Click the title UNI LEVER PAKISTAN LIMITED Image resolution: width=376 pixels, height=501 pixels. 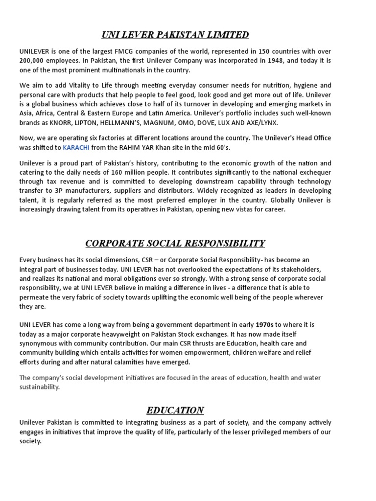click(x=175, y=34)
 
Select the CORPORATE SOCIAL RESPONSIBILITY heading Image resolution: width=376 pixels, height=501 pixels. click(x=175, y=243)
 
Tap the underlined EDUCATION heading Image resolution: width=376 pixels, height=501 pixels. click(x=175, y=410)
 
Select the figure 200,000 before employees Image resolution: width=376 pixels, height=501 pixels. click(x=33, y=61)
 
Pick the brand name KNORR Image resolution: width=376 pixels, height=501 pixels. click(x=56, y=122)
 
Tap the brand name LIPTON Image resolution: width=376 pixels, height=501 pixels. click(x=85, y=122)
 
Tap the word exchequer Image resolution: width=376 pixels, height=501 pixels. click(x=314, y=172)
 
